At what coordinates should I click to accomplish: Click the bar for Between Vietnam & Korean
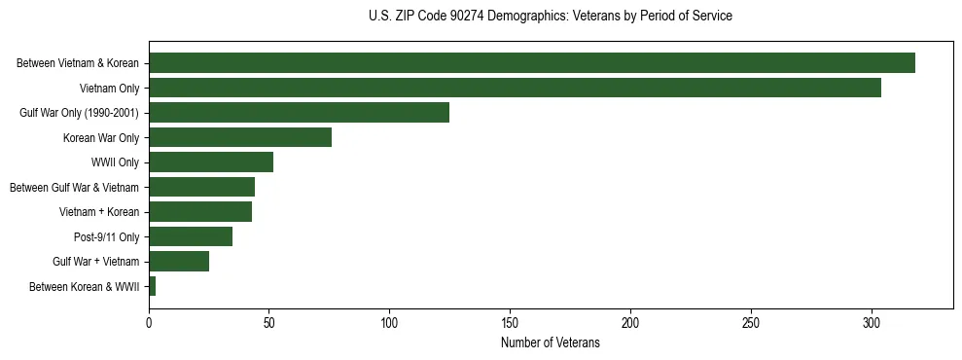[x=532, y=63]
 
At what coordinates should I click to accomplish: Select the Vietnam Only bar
[x=515, y=88]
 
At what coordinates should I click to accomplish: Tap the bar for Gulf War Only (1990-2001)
[x=299, y=113]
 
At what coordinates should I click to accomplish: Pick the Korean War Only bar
[x=240, y=137]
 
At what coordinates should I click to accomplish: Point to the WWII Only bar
[x=211, y=162]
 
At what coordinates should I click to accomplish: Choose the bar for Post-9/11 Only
[x=191, y=236]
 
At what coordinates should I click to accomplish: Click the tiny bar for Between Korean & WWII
[x=152, y=286]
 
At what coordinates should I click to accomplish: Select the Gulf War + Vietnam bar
[x=179, y=261]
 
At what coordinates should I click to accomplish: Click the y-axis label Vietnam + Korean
[x=99, y=212]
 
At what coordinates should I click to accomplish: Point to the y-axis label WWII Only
[x=115, y=162]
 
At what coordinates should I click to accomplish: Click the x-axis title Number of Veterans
[x=550, y=343]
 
